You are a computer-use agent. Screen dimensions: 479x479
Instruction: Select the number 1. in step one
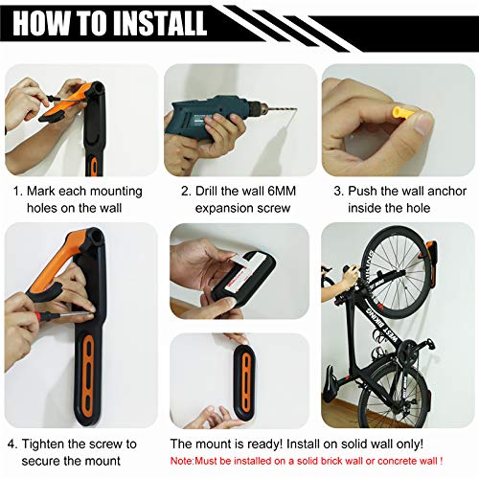16,191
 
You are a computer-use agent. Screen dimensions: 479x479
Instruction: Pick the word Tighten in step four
52,444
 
